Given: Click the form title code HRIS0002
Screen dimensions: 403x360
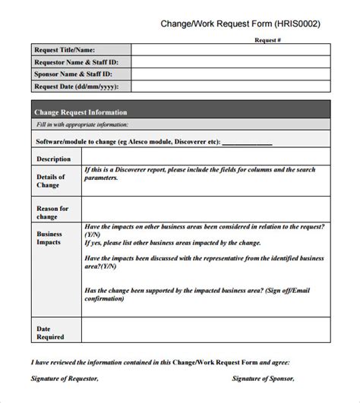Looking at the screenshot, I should point(292,24).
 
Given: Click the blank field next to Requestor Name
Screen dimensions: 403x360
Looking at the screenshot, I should point(230,62).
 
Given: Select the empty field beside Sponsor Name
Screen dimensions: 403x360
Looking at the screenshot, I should point(230,74).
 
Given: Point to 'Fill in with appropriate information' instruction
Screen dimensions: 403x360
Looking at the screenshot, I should point(82,124).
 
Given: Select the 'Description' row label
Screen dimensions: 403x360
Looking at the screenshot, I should point(53,159).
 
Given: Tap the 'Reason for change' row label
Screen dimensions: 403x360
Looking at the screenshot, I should point(52,212).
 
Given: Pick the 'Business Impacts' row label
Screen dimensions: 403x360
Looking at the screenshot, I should point(50,239).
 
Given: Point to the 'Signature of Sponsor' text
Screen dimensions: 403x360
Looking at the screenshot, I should point(262,377).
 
